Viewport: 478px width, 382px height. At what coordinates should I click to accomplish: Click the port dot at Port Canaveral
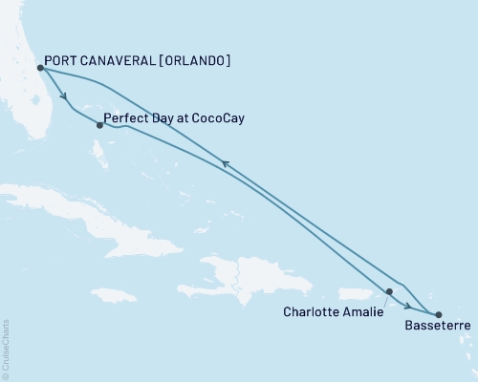click(x=40, y=68)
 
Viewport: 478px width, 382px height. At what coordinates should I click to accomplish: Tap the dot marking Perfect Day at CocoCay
click(x=100, y=124)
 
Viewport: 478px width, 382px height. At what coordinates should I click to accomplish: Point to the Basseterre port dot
click(x=439, y=314)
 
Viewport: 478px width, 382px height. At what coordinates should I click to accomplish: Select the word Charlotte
click(x=314, y=311)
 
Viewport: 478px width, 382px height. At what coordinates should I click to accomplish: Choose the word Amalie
click(x=362, y=311)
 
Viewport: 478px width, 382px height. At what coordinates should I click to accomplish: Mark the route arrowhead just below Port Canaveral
click(x=64, y=96)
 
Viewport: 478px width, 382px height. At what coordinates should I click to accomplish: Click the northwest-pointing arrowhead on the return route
click(x=225, y=164)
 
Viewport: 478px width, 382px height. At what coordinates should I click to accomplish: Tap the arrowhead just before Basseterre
click(x=408, y=308)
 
